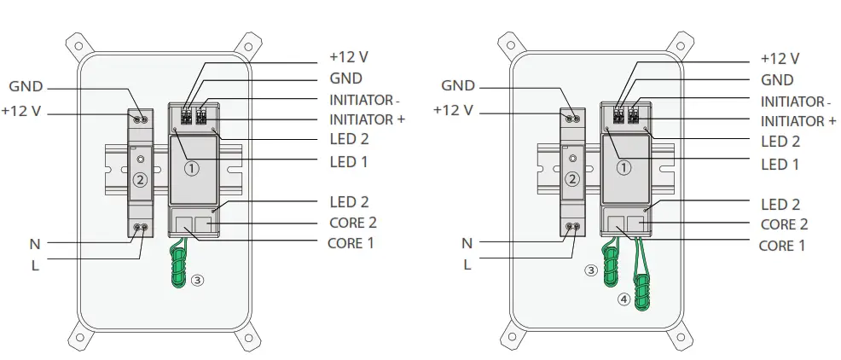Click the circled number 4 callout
pyautogui.click(x=624, y=299)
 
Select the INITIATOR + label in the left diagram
pyautogui.click(x=366, y=120)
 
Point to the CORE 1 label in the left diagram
pyautogui.click(x=351, y=244)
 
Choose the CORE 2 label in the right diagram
pyautogui.click(x=783, y=224)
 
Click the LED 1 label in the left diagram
pyautogui.click(x=348, y=162)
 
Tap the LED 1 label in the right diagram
pyautogui.click(x=780, y=164)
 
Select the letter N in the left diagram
pyautogui.click(x=34, y=244)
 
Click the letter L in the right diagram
pyautogui.click(x=467, y=264)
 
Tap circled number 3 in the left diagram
pyautogui.click(x=197, y=280)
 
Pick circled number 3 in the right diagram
pyautogui.click(x=590, y=270)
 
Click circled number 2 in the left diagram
pyautogui.click(x=141, y=179)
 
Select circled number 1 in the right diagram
pyautogui.click(x=623, y=168)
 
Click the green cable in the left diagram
pyautogui.click(x=179, y=264)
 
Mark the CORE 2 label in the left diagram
pyautogui.click(x=351, y=224)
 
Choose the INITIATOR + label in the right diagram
pyautogui.click(x=797, y=122)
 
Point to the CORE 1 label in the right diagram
pyautogui.click(x=782, y=246)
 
